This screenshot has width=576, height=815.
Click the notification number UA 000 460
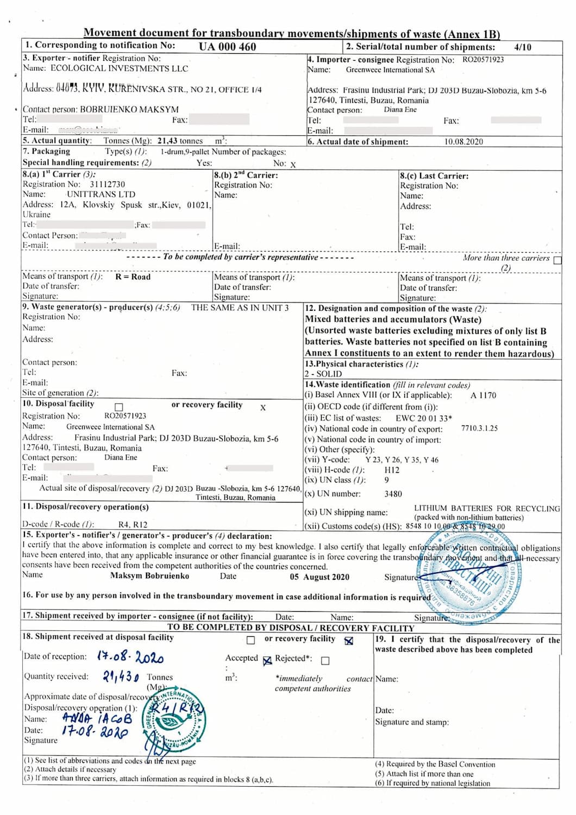(227, 47)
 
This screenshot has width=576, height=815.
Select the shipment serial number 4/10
(523, 47)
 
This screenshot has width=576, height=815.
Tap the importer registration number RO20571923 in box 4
(483, 60)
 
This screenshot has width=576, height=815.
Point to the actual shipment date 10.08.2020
(464, 142)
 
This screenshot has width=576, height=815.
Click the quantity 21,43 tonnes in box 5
(180, 141)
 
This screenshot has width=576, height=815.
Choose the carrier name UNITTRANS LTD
(101, 194)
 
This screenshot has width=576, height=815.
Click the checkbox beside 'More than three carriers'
(557, 260)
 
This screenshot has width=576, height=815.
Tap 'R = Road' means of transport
(133, 277)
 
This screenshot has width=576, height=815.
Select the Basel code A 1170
(483, 396)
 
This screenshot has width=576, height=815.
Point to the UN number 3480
(393, 494)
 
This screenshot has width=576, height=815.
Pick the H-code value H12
(392, 470)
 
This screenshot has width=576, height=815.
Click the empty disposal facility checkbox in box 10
(119, 407)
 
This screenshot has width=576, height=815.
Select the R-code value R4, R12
(133, 525)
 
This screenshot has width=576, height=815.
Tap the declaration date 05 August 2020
(320, 577)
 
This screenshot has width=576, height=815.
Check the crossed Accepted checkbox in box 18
(267, 661)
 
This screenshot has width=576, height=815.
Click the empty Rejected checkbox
(325, 661)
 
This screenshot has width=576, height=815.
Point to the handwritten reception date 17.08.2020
(130, 657)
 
